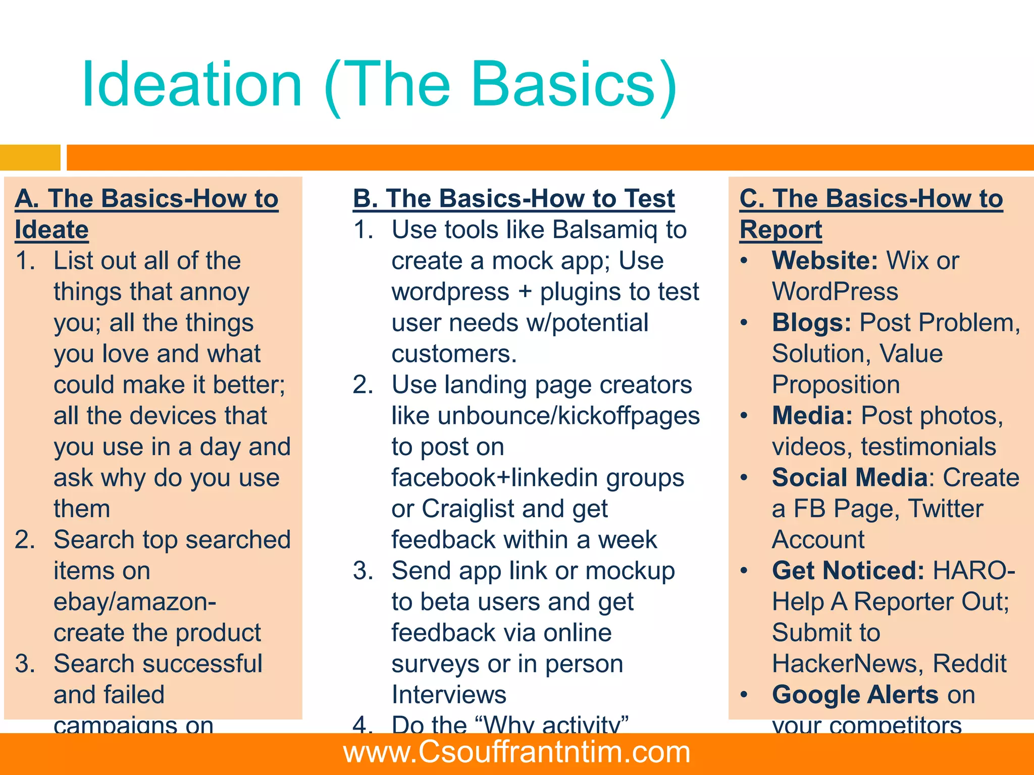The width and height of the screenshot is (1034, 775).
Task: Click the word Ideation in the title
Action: tap(192, 85)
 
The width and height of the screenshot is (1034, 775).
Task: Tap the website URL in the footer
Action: tap(516, 752)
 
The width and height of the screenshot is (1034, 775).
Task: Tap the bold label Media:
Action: tap(812, 416)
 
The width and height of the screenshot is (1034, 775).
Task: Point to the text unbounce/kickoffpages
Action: tap(568, 416)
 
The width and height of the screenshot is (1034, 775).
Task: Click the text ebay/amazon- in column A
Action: tap(135, 602)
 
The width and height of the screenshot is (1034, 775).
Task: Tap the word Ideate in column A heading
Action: tap(51, 230)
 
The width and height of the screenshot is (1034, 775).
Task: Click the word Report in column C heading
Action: tap(781, 230)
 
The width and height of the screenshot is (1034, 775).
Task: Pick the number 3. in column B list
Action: tap(363, 571)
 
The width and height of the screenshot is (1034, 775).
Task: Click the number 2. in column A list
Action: tap(25, 540)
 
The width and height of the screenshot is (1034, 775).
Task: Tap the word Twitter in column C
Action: tap(945, 509)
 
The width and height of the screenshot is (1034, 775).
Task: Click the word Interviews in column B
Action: tap(449, 695)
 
